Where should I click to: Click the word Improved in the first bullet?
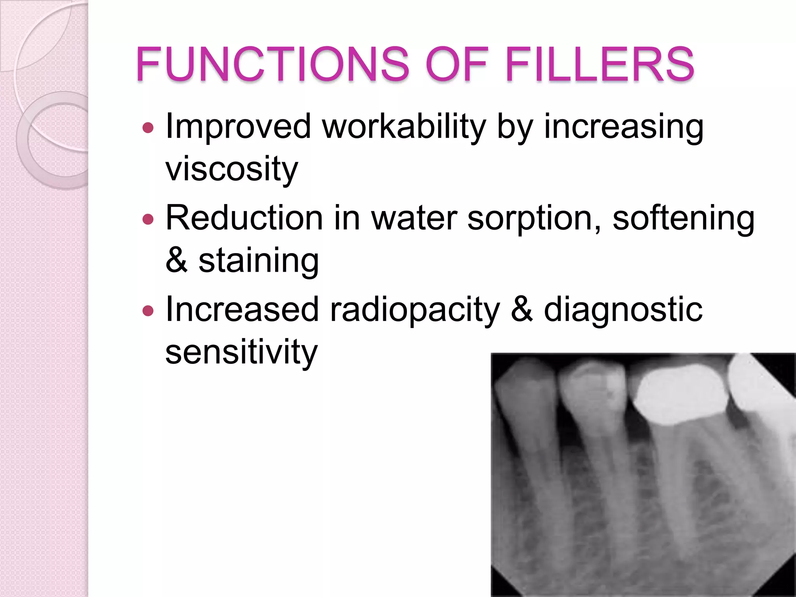[238, 126]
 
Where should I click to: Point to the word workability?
[404, 126]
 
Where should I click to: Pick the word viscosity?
[232, 169]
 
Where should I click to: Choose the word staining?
[259, 261]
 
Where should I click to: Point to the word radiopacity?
[415, 310]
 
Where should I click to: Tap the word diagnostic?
[623, 310]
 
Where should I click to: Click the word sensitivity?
[241, 352]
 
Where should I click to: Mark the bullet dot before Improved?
[148, 127]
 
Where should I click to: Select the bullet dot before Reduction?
[148, 219]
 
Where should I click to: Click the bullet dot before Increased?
[148, 311]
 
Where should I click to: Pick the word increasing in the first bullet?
[623, 126]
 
